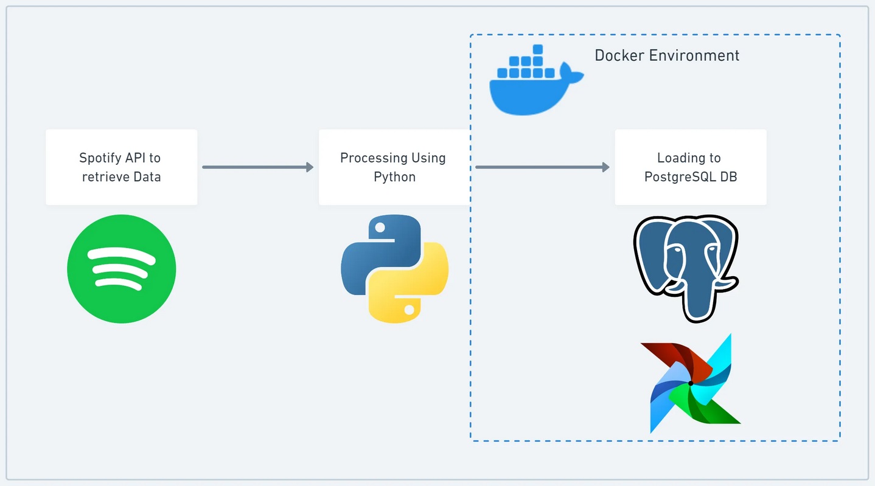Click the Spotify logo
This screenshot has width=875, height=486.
click(122, 269)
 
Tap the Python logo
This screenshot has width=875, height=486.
click(394, 269)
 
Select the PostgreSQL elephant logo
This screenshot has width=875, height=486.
click(686, 269)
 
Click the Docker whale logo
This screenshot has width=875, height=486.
click(536, 80)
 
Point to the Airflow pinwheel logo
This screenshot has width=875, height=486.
click(691, 383)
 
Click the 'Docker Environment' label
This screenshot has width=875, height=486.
click(667, 55)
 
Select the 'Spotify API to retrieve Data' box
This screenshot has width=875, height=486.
click(122, 167)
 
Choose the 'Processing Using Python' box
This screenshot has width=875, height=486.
click(394, 167)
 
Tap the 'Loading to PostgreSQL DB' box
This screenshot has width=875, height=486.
click(691, 167)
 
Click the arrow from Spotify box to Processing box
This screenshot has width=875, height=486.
click(258, 167)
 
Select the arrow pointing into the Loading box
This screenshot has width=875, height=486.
click(542, 167)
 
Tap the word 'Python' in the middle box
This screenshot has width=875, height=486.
click(394, 177)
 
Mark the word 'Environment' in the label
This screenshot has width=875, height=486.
click(694, 55)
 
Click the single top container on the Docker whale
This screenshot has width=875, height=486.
click(538, 49)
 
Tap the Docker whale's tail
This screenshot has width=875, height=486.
click(571, 73)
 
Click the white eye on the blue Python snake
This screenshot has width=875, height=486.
click(380, 228)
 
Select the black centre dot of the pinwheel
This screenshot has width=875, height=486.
click(691, 383)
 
